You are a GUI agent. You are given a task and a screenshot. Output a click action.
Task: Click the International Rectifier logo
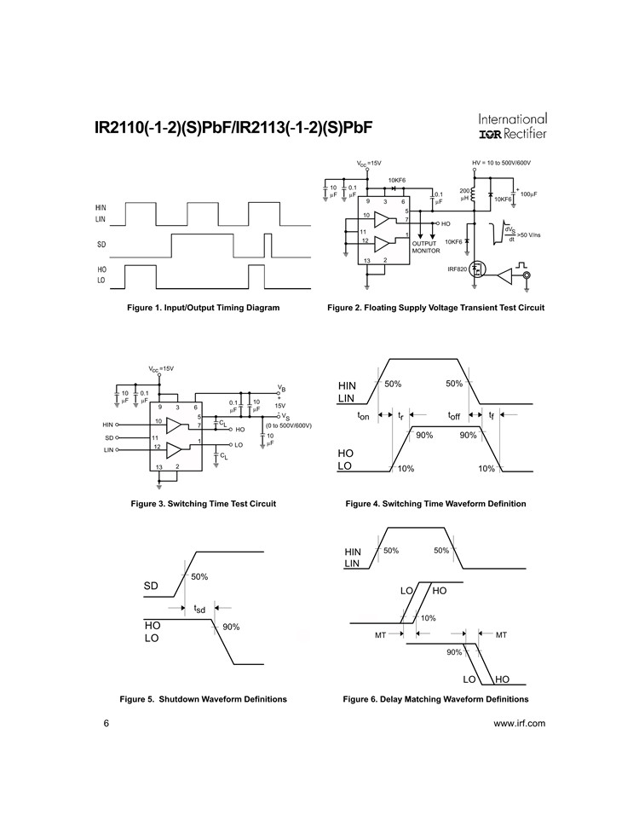tap(512, 126)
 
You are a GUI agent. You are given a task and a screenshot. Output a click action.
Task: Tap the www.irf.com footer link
tap(519, 723)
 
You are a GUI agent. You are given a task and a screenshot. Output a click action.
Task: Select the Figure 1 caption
tap(204, 307)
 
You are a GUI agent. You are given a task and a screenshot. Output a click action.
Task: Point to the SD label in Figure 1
tap(101, 245)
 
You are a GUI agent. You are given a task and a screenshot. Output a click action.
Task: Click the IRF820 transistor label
tap(456, 269)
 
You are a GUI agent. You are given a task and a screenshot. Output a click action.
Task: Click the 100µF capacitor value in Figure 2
tap(529, 194)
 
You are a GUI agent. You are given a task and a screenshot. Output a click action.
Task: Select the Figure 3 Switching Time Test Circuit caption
tap(204, 504)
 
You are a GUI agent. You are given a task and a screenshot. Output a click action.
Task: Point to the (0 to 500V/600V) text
tap(289, 425)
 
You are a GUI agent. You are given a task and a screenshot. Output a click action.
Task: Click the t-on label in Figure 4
tap(364, 416)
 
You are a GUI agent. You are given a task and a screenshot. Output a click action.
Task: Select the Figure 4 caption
tap(436, 504)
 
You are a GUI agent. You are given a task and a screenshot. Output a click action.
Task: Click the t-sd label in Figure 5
tap(199, 609)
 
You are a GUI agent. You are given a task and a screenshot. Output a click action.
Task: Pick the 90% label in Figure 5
tap(231, 627)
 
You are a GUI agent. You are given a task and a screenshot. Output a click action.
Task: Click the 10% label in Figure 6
tap(429, 618)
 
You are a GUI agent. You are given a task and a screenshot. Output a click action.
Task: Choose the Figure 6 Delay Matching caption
tap(436, 699)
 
